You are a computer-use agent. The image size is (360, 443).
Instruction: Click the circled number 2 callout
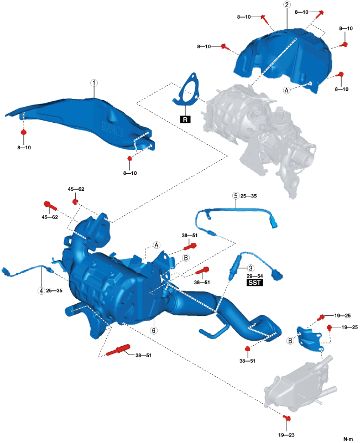point(286,5)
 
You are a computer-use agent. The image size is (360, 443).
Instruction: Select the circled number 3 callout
point(250,268)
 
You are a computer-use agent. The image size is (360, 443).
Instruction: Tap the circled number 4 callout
point(41,290)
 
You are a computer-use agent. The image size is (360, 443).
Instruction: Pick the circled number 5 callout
point(236,196)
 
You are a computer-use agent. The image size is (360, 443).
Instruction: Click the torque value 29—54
point(254,275)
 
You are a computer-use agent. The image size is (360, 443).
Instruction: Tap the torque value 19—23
point(286,435)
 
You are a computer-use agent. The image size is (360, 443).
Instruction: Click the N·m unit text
point(348,439)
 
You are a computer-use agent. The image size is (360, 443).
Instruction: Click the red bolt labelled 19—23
point(286,418)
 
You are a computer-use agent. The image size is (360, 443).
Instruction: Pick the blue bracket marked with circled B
point(310,337)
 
